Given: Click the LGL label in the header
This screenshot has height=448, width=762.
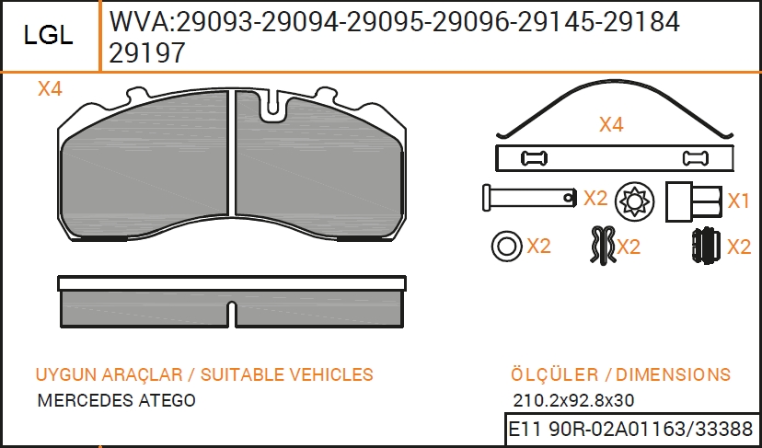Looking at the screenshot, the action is click(x=48, y=36).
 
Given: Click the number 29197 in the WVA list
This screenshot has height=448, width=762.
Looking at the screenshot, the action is click(x=147, y=53).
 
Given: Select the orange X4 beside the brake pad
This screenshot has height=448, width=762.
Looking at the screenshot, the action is click(x=50, y=89).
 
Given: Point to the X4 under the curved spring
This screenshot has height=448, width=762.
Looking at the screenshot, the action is click(x=611, y=125).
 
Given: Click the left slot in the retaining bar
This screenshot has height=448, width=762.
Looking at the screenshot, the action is click(x=534, y=158).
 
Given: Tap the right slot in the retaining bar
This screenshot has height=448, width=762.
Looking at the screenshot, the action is click(x=696, y=158).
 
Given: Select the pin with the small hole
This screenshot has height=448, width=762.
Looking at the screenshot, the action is click(x=530, y=197).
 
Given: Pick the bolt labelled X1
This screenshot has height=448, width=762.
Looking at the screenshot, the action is click(x=694, y=201).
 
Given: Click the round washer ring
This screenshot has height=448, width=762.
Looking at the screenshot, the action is click(x=507, y=246).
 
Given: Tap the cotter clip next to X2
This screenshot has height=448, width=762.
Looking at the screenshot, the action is click(x=603, y=246).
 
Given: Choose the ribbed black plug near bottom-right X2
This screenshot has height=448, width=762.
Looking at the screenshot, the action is click(x=706, y=247).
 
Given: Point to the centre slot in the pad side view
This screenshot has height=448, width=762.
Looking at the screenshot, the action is click(x=232, y=314).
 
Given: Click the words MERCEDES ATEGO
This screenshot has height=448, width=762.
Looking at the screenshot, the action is click(x=117, y=400).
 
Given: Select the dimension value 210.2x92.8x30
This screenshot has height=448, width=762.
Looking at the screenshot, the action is click(x=573, y=400).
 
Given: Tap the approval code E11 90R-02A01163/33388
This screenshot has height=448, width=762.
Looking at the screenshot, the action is click(x=630, y=430).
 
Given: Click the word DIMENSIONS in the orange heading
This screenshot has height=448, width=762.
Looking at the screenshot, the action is click(x=673, y=374).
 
